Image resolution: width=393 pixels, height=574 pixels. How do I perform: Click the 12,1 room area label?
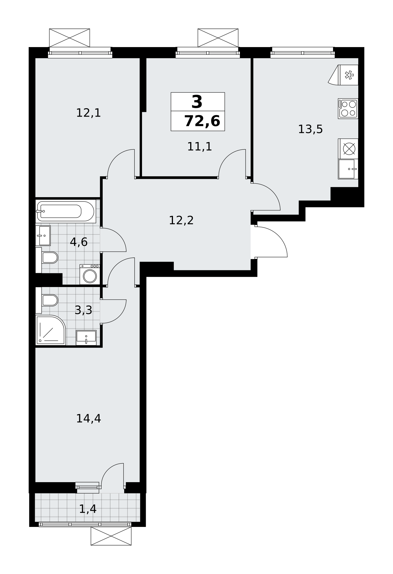click(88, 113)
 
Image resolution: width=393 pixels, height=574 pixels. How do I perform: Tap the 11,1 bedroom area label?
click(199, 147)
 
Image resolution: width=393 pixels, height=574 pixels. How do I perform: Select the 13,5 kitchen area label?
click(310, 129)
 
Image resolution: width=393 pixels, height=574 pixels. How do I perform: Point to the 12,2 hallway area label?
click(181, 220)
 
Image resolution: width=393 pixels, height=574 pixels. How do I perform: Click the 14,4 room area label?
click(88, 418)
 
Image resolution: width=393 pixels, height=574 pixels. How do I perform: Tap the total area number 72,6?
click(202, 121)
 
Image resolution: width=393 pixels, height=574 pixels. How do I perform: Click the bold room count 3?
click(197, 102)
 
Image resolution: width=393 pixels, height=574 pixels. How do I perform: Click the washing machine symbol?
click(90, 274)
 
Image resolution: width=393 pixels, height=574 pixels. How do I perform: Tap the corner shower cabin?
click(50, 330)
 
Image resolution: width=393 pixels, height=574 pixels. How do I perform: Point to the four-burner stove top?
click(348, 108)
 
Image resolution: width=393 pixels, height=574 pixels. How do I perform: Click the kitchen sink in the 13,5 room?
click(348, 169)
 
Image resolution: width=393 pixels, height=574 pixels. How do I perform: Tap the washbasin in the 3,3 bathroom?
click(86, 338)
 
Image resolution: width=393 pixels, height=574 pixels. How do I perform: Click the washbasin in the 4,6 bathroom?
click(43, 236)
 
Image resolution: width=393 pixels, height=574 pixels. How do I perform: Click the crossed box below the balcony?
click(111, 536)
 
